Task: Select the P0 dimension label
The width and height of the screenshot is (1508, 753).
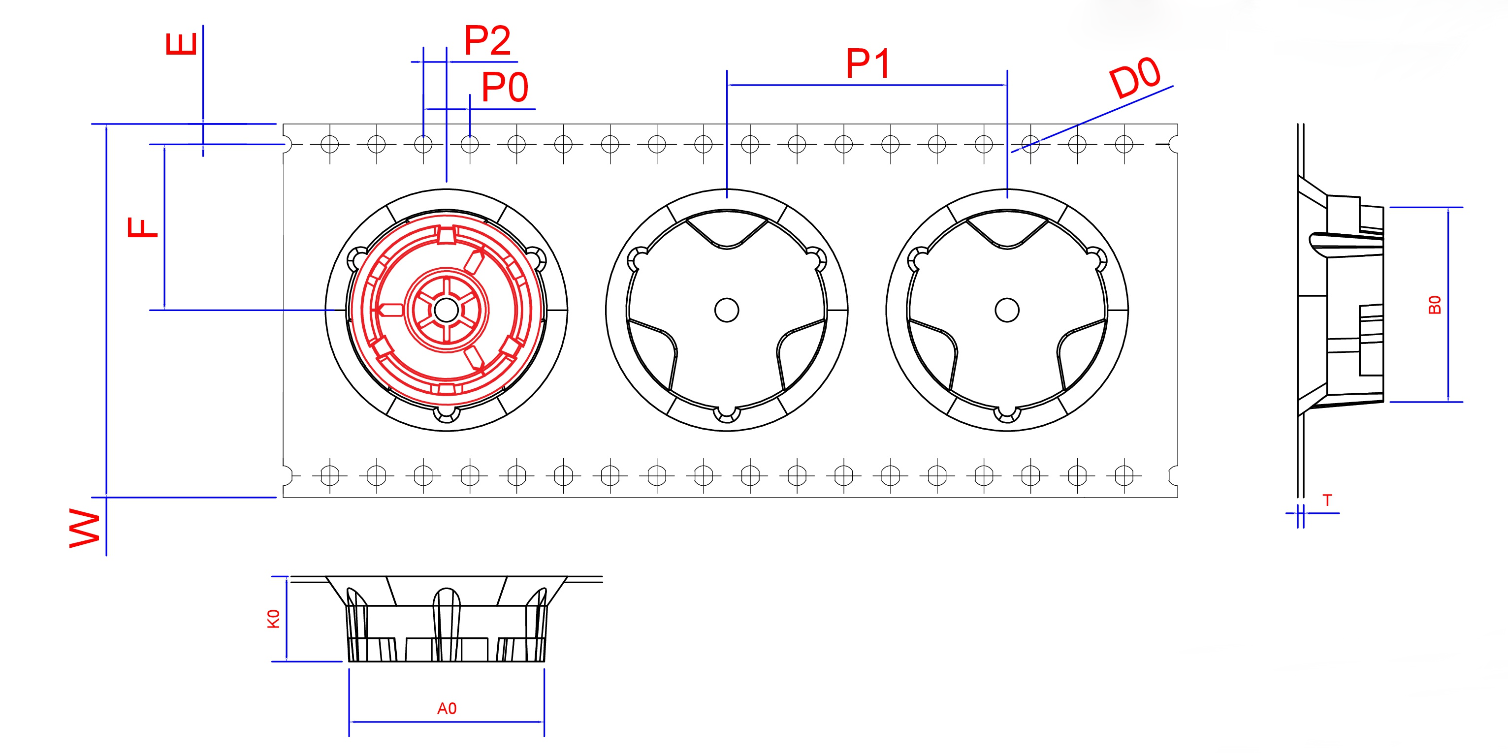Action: [x=505, y=87]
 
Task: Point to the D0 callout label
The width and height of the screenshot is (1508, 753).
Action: [x=1134, y=77]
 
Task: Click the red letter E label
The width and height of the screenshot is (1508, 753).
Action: [x=182, y=44]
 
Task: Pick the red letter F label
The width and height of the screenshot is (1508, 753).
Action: [x=143, y=227]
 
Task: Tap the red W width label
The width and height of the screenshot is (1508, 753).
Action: [x=85, y=528]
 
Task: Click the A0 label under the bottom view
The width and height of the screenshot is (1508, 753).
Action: [x=447, y=709]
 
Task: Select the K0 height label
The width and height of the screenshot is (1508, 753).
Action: [x=273, y=619]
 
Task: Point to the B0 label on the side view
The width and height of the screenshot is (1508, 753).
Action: [x=1434, y=305]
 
